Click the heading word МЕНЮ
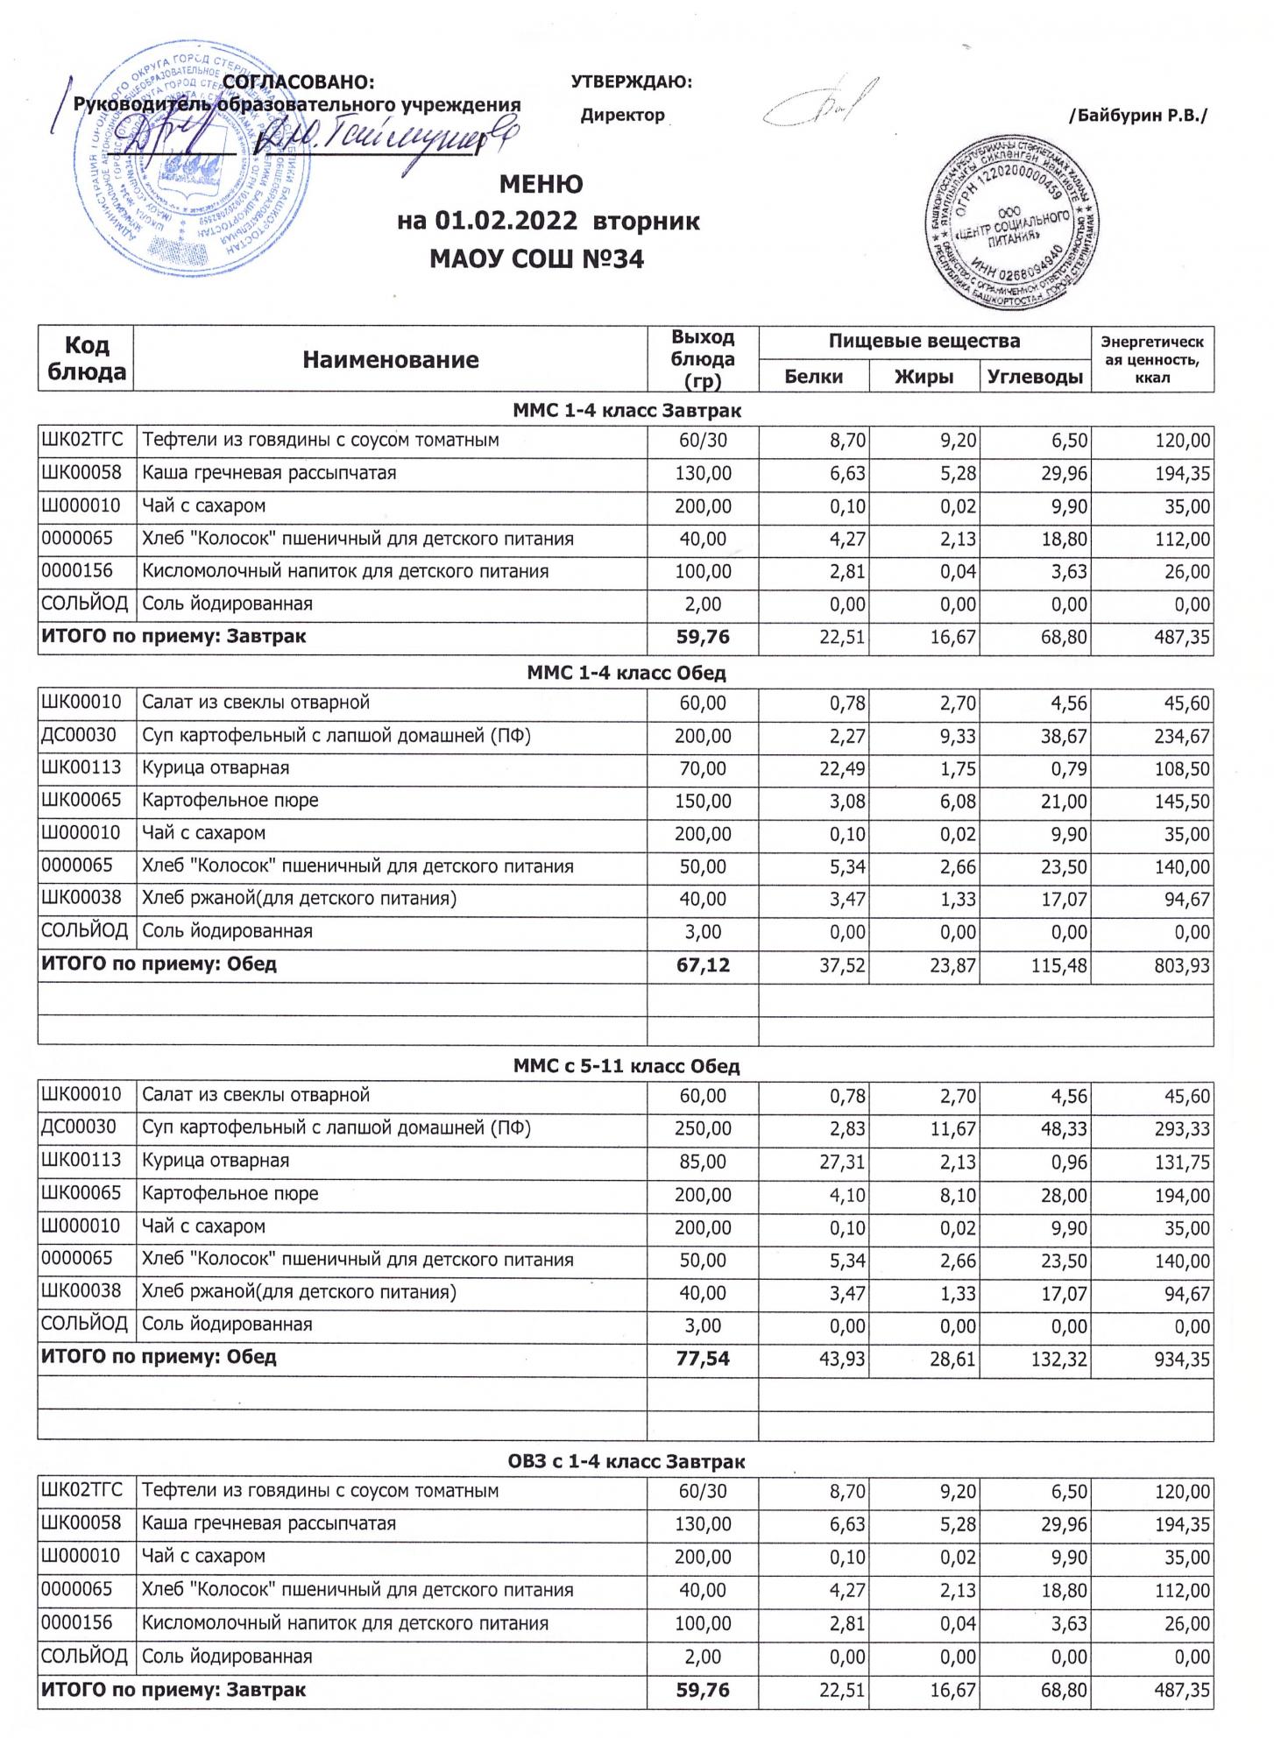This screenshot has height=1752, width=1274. (x=541, y=185)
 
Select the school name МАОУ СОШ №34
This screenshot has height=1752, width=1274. (x=537, y=259)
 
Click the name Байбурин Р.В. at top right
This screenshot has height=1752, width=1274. (x=1138, y=116)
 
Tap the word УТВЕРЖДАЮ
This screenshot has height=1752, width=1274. (x=631, y=82)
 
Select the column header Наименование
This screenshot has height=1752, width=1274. (x=391, y=359)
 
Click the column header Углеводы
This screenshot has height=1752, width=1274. (x=1035, y=377)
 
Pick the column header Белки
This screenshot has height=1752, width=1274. (x=813, y=377)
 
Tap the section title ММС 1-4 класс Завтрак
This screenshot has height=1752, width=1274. (x=626, y=409)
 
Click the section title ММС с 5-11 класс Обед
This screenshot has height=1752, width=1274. (x=626, y=1066)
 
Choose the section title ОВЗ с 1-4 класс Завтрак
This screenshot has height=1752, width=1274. (x=626, y=1461)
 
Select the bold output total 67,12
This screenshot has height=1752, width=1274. (x=703, y=965)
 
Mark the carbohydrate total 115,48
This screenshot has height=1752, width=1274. (x=1058, y=965)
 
